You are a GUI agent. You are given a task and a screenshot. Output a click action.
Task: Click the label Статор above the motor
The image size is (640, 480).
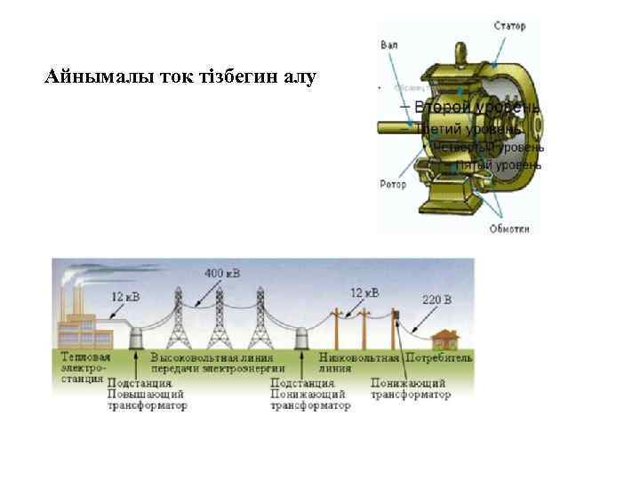pos(509,26)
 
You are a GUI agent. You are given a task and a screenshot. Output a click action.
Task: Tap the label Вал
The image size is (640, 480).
pos(388,44)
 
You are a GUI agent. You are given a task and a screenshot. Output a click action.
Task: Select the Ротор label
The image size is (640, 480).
pos(392,185)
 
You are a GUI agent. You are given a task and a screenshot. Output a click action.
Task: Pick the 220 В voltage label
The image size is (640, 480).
pos(436,300)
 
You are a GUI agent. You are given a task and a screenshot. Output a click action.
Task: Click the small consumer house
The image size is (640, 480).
pos(442,339)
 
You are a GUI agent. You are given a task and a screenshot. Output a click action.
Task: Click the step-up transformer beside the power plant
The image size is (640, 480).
pos(136,339)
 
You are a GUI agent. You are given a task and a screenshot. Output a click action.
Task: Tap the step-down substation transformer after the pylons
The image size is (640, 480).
pos(300,339)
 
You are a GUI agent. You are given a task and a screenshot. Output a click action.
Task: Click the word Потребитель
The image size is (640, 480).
pos(439,356)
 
